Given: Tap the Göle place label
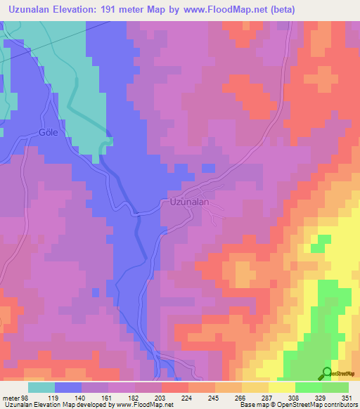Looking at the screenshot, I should (x=48, y=132).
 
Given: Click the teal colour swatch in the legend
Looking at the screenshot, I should (x=41, y=387).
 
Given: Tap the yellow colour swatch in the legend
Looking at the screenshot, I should (x=282, y=387).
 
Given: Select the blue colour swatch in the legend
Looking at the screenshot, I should (x=68, y=387).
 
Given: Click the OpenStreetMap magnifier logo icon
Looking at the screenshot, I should (x=327, y=372).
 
